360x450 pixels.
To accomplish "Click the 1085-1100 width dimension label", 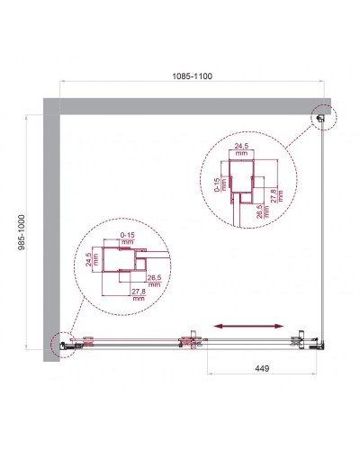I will [193, 78].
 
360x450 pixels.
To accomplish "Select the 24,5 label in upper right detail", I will [239, 148].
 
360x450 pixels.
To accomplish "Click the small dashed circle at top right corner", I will [322, 115].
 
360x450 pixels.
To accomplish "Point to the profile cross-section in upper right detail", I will [243, 180].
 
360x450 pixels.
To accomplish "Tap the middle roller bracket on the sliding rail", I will [189, 341].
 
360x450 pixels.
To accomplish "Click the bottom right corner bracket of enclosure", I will [316, 343].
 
